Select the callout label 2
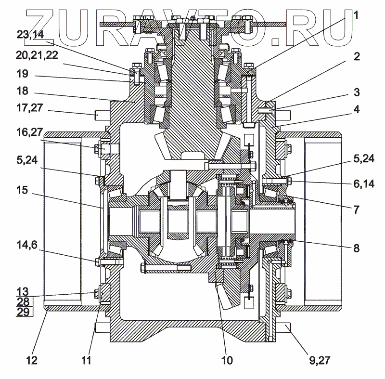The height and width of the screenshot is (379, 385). (356, 57)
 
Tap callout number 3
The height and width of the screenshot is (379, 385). (356, 92)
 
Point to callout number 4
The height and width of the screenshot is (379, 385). (356, 109)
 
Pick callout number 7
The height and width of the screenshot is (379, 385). (356, 210)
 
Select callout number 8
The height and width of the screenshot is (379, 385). (356, 248)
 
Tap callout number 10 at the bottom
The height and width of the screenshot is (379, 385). (226, 359)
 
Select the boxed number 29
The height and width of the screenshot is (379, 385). (23, 312)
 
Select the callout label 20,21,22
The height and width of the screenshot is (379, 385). (37, 56)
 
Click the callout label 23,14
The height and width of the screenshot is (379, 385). (30, 35)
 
